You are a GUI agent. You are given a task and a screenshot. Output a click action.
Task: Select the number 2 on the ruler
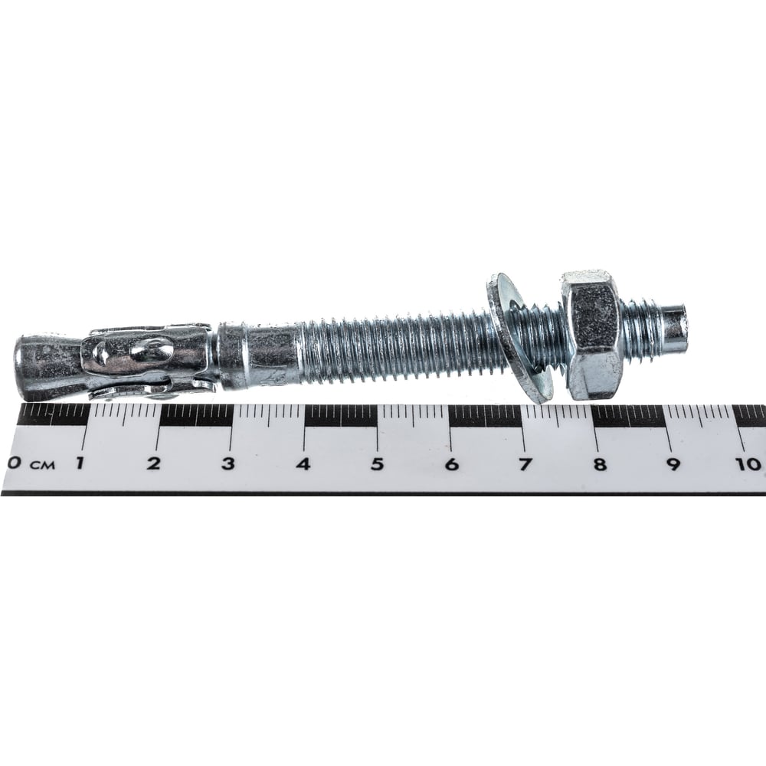154,463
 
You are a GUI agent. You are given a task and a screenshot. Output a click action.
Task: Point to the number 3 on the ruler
228,463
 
